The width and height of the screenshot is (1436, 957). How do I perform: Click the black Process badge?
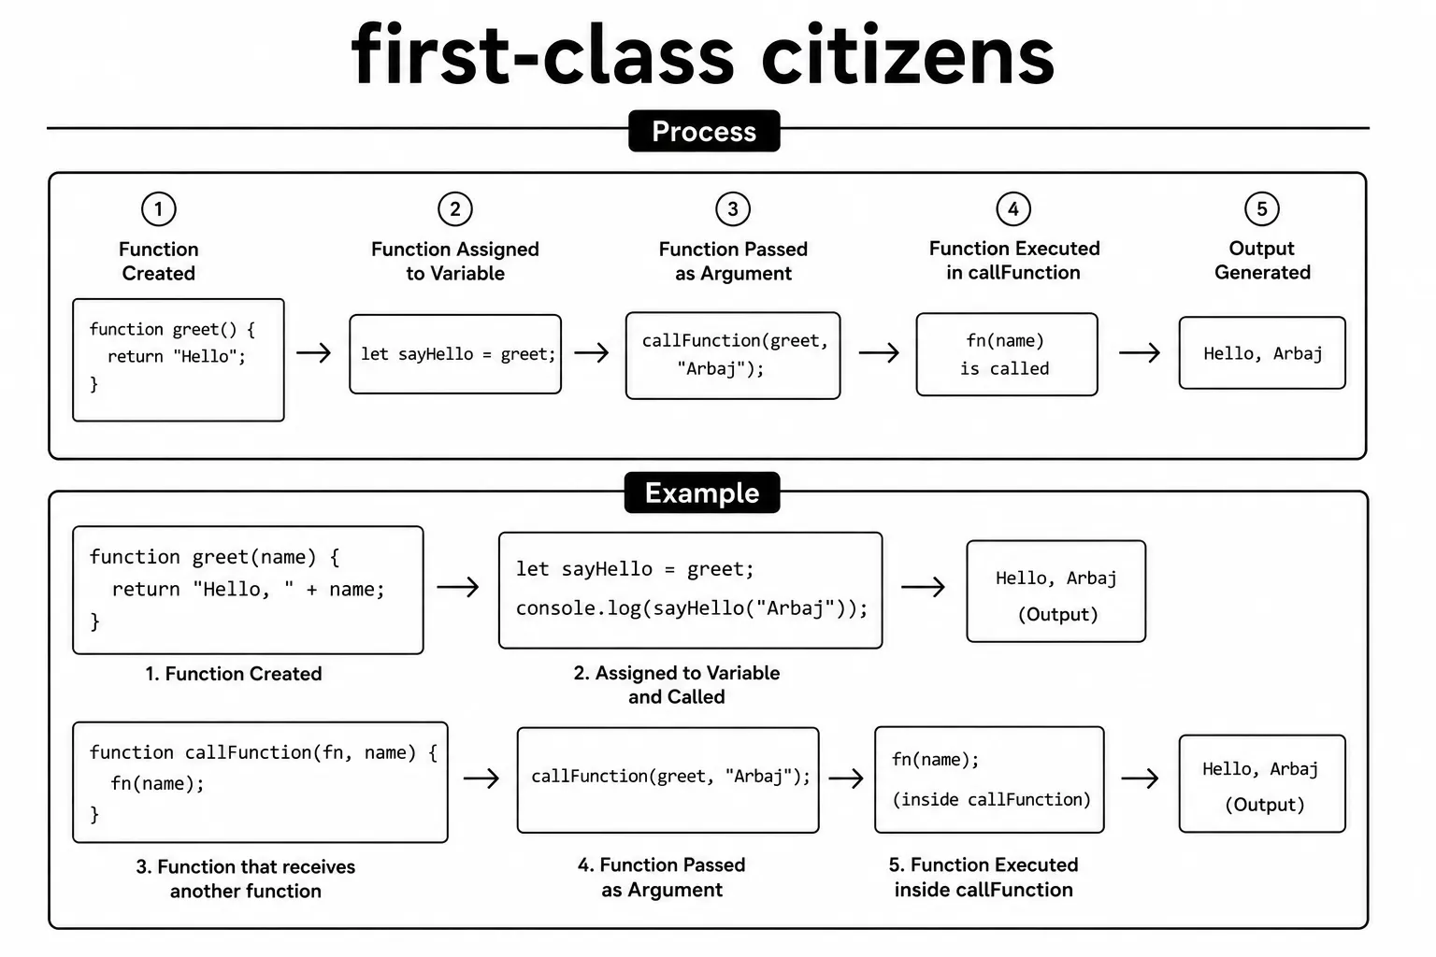tap(704, 131)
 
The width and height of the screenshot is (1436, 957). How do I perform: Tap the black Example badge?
tap(702, 493)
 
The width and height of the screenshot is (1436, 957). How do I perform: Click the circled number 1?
tap(158, 209)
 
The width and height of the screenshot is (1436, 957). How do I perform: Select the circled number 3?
tap(733, 209)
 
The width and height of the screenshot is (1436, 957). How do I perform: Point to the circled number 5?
tap(1261, 209)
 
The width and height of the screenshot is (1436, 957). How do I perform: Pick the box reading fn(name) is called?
tap(1007, 354)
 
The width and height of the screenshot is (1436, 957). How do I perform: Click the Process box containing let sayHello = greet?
tap(455, 354)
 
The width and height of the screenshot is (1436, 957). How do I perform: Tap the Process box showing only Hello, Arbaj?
tap(1261, 352)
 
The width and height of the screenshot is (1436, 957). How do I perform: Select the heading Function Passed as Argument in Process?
tap(733, 261)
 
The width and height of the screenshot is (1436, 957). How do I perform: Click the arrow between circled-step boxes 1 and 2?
tap(313, 352)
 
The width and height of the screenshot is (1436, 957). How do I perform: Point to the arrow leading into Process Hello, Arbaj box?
tap(1140, 352)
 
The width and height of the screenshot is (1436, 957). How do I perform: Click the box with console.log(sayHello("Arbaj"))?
tap(691, 591)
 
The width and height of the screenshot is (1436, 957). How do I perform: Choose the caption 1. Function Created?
tap(234, 674)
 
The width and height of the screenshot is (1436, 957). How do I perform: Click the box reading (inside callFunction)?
tap(989, 779)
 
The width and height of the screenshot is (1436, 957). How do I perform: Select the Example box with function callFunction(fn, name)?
tap(260, 782)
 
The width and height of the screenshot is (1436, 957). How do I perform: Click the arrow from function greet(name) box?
tap(458, 587)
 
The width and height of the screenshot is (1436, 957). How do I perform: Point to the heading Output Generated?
tap(1261, 260)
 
